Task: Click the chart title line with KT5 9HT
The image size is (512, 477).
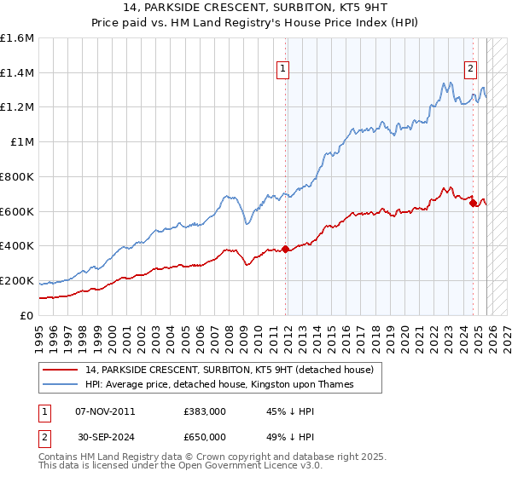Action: pyautogui.click(x=256, y=7)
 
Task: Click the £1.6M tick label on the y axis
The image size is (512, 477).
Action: pyautogui.click(x=17, y=38)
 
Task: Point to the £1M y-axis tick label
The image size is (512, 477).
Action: pyautogui.click(x=21, y=142)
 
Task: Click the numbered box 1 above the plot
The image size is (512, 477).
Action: pyautogui.click(x=282, y=71)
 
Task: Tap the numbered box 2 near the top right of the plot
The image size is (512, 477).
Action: pyautogui.click(x=470, y=71)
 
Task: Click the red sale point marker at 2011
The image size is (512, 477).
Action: pyautogui.click(x=285, y=249)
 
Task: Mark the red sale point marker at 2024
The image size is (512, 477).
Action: pyautogui.click(x=473, y=203)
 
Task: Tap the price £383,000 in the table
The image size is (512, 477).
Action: pyautogui.click(x=204, y=411)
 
